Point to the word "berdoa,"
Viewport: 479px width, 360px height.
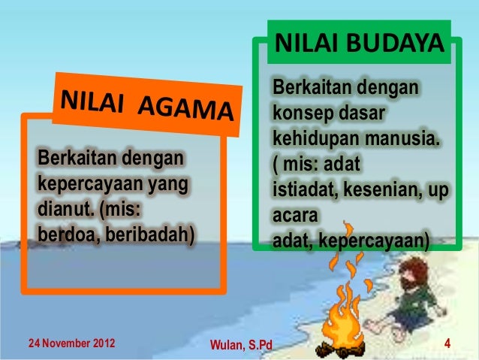point(64,238)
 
